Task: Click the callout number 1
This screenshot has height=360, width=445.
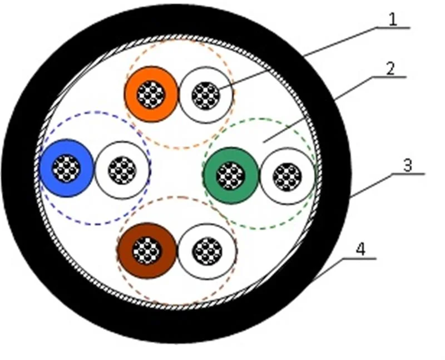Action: tap(393, 20)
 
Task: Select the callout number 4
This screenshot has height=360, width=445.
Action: tap(360, 249)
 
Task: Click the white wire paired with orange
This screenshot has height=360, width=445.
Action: tap(205, 96)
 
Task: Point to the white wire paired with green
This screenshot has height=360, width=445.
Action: tap(287, 176)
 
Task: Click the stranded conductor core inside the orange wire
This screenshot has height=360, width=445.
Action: tap(151, 95)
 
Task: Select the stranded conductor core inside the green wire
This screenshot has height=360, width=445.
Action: tap(231, 176)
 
